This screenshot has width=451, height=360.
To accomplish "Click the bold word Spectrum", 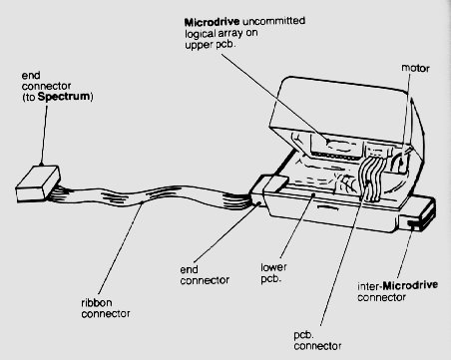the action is (64, 97).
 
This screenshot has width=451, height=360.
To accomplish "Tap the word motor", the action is (415, 68).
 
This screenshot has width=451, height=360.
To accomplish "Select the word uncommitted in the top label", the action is (273, 21).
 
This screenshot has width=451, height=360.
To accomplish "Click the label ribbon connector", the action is (106, 308).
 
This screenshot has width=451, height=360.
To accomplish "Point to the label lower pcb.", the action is (273, 273).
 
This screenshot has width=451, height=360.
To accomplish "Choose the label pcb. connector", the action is (317, 340).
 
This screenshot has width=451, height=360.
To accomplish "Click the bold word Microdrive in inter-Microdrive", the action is (410, 285).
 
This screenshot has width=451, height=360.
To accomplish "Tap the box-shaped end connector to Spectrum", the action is (38, 182).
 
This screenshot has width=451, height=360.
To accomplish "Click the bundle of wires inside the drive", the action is (370, 178).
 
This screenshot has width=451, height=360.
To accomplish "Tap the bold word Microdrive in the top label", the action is (212, 22).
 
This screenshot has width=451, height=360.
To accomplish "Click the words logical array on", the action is (222, 33).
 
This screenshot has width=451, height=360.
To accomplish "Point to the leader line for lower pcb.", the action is (297, 226).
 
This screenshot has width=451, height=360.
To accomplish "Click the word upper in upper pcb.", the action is (198, 45).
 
